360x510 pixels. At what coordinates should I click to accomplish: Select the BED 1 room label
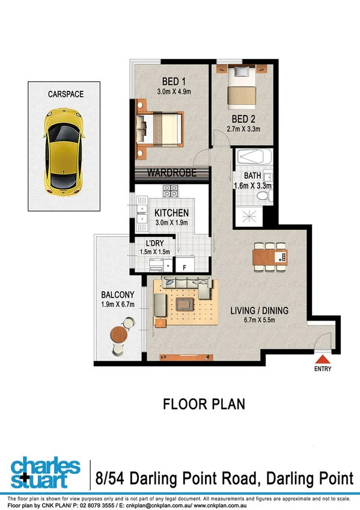(174, 82)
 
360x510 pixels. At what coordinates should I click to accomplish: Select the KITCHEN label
(172, 213)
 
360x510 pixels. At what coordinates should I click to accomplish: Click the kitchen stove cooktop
(171, 192)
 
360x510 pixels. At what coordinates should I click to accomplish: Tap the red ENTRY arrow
(322, 359)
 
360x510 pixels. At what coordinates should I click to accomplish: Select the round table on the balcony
(119, 334)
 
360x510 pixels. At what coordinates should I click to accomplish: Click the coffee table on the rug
(185, 304)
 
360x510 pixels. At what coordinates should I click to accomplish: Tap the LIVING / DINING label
(260, 311)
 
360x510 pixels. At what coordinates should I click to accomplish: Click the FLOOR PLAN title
(204, 404)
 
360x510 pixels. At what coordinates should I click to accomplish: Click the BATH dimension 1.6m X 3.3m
(253, 186)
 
